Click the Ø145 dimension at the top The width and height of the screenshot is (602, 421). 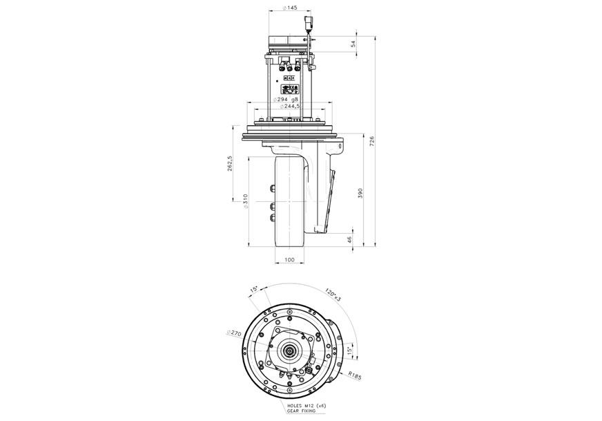coord(290,8)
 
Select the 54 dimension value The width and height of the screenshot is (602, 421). coord(353,43)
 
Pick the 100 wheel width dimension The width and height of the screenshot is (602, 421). coord(289,260)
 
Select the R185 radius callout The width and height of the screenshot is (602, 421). coord(355,375)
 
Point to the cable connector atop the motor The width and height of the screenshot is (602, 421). coord(308,26)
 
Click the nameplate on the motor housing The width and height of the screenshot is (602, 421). coord(289,88)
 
